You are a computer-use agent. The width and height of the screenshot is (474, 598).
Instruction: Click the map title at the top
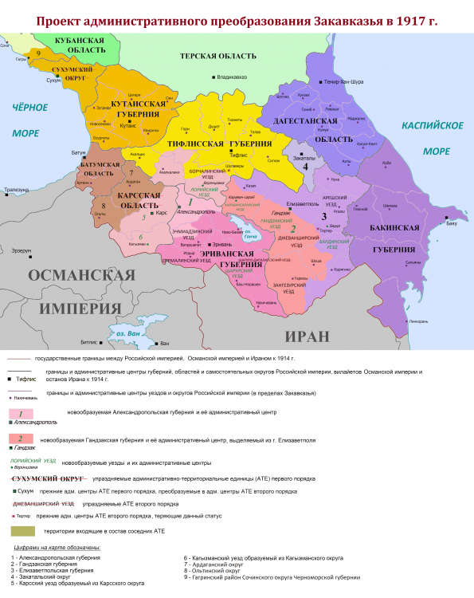pyautogui.click(x=237, y=18)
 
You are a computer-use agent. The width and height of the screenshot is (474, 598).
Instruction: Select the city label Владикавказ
pyautogui.click(x=232, y=77)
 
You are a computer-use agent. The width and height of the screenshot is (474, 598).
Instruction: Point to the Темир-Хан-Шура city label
pyautogui.click(x=343, y=82)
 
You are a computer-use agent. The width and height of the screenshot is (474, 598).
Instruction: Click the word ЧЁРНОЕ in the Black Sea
pyautogui.click(x=30, y=107)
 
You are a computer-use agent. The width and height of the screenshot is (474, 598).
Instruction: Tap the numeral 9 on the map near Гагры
pyautogui.click(x=37, y=53)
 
